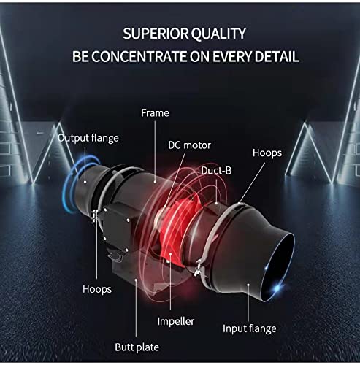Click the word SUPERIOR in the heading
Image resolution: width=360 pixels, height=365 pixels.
(156, 34)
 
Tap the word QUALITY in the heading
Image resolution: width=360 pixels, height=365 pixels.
(218, 34)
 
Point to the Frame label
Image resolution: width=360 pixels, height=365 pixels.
(155, 113)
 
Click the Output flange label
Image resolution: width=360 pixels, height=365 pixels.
(88, 138)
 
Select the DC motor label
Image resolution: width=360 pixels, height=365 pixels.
(189, 145)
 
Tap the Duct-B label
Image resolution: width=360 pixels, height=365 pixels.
(216, 170)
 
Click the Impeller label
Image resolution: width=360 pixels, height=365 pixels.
(176, 321)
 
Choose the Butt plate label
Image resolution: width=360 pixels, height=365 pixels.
(137, 347)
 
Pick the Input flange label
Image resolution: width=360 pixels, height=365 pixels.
(250, 328)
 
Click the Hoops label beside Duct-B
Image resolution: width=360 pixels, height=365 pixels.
(267, 153)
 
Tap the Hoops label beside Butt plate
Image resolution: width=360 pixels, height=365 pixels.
(97, 289)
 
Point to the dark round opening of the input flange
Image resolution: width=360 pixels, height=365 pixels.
(277, 264)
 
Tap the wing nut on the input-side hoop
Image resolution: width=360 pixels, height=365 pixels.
(199, 267)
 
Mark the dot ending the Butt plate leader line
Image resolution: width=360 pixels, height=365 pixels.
(136, 280)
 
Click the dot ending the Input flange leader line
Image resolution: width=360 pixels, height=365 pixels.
(248, 284)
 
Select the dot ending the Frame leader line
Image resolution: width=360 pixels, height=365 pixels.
(155, 182)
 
